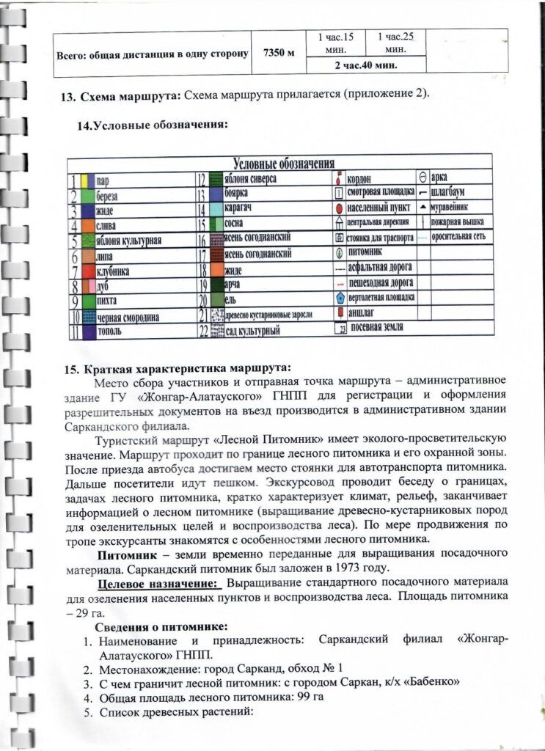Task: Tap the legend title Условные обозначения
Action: [x=283, y=163]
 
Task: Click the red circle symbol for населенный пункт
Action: [x=339, y=208]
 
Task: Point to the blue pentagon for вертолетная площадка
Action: [x=339, y=298]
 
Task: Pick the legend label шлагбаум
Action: [x=453, y=193]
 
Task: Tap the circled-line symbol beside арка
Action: [x=423, y=177]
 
